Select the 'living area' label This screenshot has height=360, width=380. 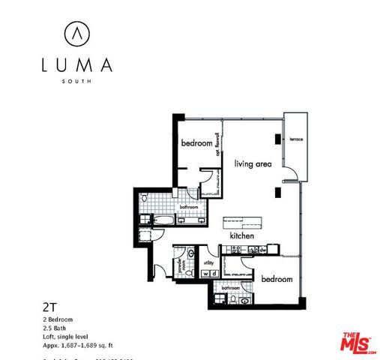pos(252,163)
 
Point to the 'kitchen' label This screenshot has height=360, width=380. pos(241,235)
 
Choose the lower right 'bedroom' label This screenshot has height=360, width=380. pos(276,279)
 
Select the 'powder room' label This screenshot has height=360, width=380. pos(180,265)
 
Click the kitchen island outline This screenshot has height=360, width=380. pos(243,222)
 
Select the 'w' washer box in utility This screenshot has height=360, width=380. pos(205,274)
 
